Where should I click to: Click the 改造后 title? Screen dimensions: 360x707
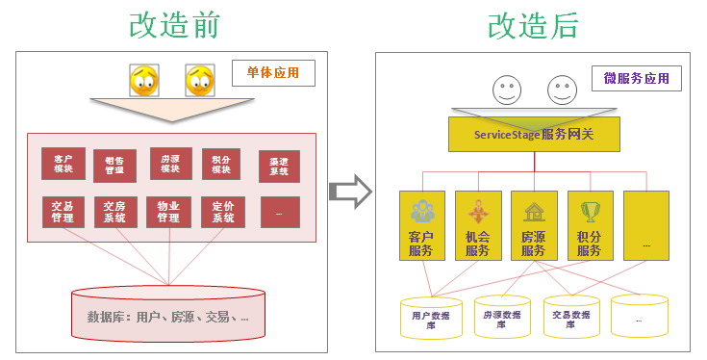coord(533,25)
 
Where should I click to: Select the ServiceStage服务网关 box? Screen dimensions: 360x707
coord(533,134)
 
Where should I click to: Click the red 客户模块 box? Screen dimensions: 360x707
coord(63,164)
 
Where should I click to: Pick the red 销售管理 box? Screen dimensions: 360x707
coord(114,166)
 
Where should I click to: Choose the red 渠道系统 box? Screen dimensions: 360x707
coord(280,167)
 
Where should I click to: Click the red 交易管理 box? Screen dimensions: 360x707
coord(63,212)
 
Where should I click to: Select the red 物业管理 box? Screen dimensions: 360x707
coord(168,212)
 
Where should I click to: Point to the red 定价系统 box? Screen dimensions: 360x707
coord(223,212)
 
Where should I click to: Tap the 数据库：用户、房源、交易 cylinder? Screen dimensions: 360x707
coord(168,314)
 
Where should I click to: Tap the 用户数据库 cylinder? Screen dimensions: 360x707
coord(428,318)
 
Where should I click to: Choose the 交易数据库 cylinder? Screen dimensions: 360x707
coord(570,318)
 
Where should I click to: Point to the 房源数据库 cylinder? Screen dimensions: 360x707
coord(501,318)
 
